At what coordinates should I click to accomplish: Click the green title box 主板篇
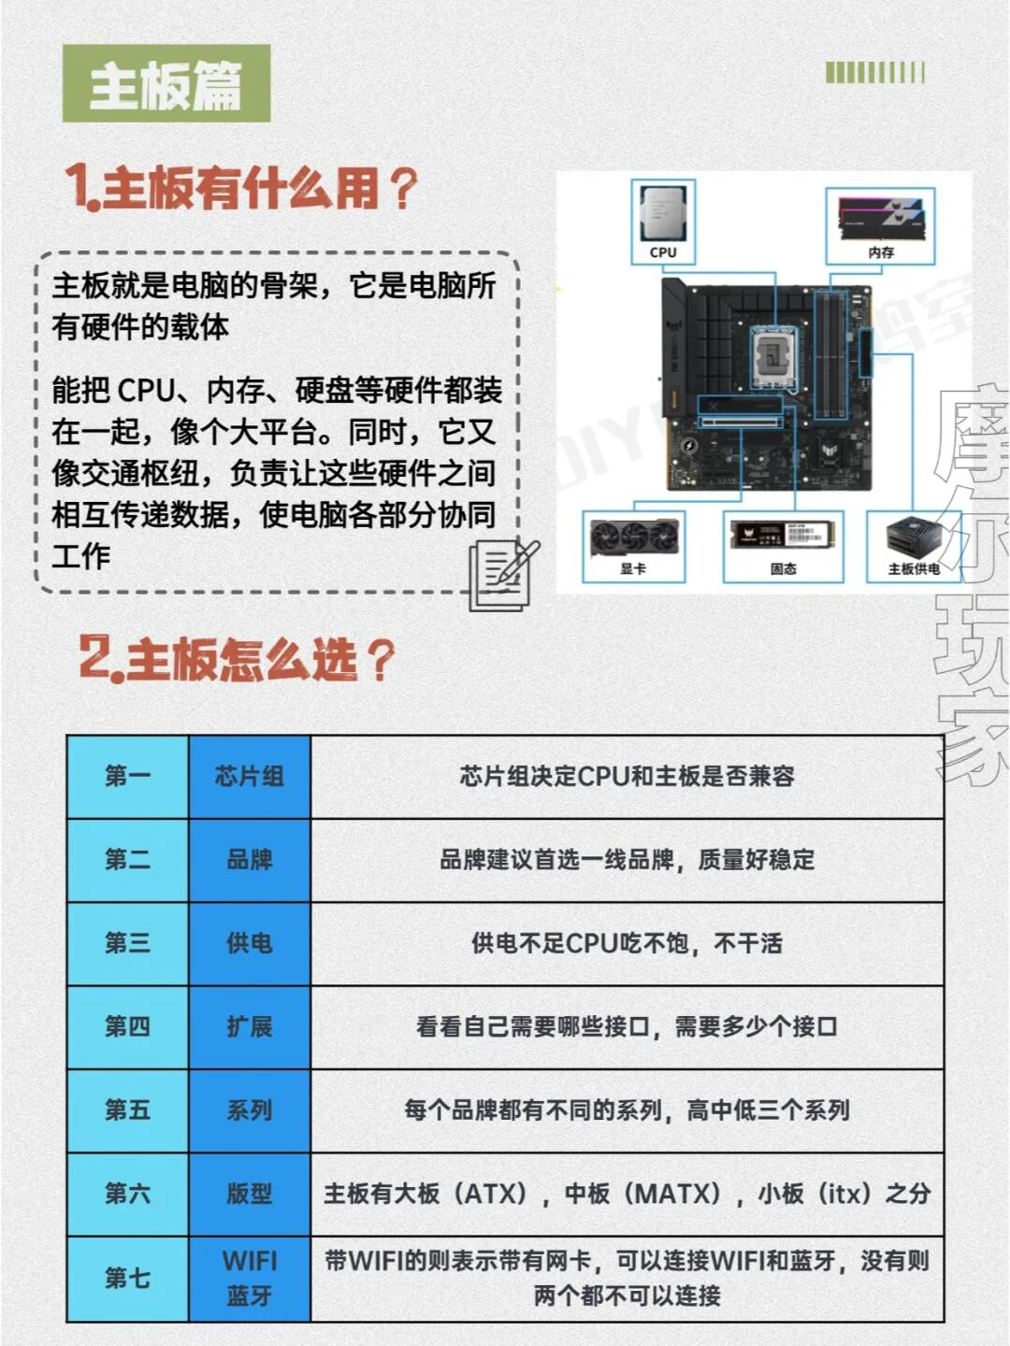[166, 84]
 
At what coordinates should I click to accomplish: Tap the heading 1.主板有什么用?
[241, 188]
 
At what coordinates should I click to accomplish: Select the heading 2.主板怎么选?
[237, 660]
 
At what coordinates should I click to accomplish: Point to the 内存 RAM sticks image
[881, 217]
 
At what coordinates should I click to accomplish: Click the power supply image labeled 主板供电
[913, 539]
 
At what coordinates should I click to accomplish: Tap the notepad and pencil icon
[503, 575]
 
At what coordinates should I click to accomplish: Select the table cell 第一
[127, 776]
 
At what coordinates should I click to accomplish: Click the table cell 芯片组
[249, 776]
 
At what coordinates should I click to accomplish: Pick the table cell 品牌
[249, 860]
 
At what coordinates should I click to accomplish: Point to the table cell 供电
[249, 943]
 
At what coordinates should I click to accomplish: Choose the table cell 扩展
[249, 1026]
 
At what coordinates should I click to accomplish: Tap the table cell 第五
[127, 1110]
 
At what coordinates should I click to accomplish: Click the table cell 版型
[249, 1194]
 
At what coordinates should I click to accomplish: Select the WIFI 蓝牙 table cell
[249, 1278]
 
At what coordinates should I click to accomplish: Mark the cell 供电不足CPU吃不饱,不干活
[627, 943]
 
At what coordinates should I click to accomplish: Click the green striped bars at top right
[874, 73]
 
